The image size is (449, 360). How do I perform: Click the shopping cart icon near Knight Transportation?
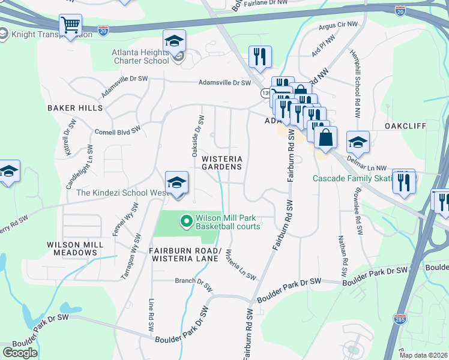coord(70,26)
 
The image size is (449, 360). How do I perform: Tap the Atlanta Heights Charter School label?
coord(140,56)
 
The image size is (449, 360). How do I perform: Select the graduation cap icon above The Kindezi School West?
coord(176,183)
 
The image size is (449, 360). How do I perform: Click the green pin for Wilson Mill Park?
coord(187,222)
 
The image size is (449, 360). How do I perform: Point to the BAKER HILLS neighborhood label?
coord(75,108)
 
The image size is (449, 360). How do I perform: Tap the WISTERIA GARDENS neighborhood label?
coord(221,163)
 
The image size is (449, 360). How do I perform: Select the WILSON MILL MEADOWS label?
coord(73,249)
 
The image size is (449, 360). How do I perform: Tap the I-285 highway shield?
coord(400,318)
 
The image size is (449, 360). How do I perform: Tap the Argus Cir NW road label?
coord(339,26)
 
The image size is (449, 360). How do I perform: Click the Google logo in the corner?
coord(20,353)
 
